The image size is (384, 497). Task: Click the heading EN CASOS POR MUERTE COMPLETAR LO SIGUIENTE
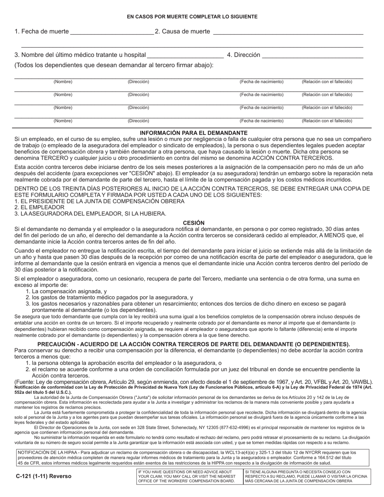tap(192, 17)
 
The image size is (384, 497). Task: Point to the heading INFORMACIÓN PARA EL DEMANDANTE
tap(194, 133)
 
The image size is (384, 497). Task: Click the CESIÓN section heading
tap(194, 223)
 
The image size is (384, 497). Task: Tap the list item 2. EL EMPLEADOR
tap(39, 207)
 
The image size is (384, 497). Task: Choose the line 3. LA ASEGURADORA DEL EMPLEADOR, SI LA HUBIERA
tap(90, 213)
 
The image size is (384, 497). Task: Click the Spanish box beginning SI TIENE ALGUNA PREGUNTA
tap(306, 476)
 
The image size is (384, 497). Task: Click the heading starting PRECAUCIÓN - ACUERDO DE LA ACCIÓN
tap(194, 344)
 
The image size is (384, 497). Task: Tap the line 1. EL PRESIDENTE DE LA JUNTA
tap(99, 201)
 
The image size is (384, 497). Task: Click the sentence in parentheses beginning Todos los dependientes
tap(114, 65)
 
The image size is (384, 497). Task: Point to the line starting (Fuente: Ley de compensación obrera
tap(194, 381)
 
